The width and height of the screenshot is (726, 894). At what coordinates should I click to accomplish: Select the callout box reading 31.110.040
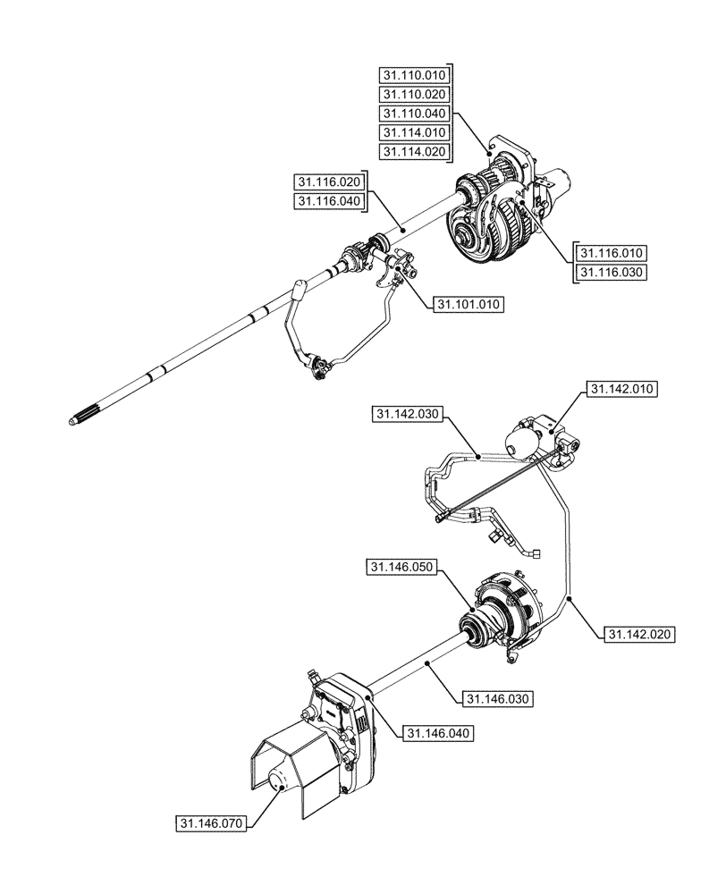[x=414, y=114]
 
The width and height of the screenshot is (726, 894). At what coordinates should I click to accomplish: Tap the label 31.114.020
[x=414, y=152]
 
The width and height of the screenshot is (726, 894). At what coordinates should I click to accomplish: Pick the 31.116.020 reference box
[x=329, y=181]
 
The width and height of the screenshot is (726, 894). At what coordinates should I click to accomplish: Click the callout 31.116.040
[x=329, y=201]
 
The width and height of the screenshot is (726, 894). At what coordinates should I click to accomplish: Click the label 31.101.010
[x=468, y=304]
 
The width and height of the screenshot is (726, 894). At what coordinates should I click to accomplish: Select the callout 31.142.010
[x=622, y=389]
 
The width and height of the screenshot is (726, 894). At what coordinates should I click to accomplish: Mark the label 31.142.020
[x=640, y=634]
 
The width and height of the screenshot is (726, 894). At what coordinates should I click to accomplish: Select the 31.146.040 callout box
[x=437, y=733]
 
